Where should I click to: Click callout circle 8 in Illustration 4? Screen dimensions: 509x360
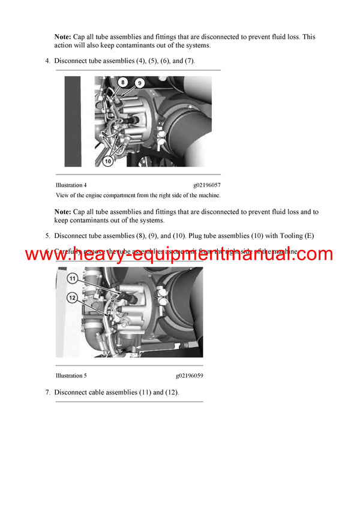coord(122,82)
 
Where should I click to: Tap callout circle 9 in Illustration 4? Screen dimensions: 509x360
coord(139,83)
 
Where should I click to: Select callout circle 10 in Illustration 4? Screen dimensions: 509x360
coord(108,161)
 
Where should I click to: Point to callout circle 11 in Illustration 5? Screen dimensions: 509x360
coord(71,278)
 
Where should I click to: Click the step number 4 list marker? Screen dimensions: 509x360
coord(47,61)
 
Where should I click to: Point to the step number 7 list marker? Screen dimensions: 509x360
coord(47,393)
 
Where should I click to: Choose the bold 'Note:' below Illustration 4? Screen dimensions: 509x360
coord(63,212)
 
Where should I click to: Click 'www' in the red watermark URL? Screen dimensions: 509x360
coord(46,255)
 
